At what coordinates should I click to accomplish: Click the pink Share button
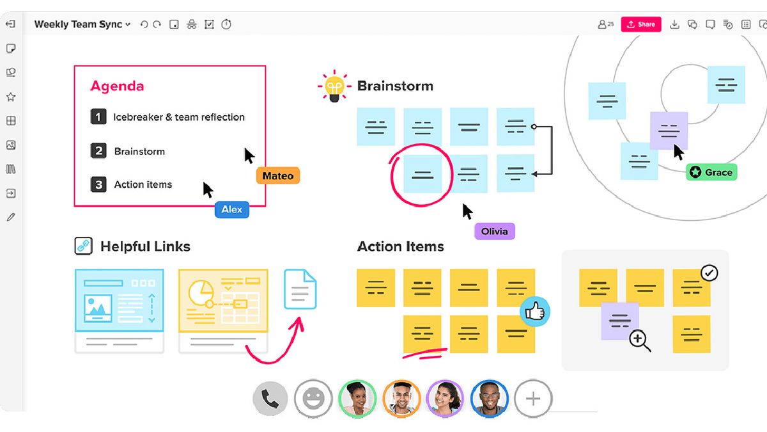click(640, 24)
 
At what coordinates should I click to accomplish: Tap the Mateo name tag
click(278, 176)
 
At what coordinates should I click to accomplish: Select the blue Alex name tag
click(232, 209)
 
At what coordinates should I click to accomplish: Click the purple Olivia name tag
click(494, 231)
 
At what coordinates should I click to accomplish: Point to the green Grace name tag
click(711, 172)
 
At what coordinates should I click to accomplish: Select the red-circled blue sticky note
click(422, 173)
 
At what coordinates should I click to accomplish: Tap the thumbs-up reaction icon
click(534, 312)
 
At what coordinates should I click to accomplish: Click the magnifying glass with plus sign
click(640, 340)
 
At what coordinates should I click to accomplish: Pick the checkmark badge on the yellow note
click(709, 273)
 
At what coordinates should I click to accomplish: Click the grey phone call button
click(271, 399)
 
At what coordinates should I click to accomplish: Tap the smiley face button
click(313, 399)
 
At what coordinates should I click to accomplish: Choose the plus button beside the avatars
click(533, 399)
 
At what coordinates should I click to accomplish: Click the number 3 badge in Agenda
click(98, 185)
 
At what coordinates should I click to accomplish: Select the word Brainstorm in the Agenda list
click(139, 152)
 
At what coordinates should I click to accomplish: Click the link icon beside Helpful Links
click(84, 246)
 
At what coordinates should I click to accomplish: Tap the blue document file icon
click(300, 289)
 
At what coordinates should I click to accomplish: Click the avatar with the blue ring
click(489, 399)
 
